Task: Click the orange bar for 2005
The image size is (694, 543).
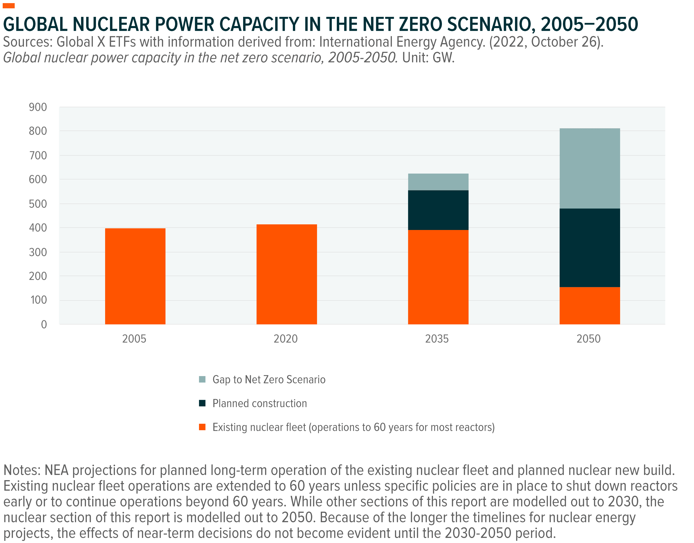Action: [135, 276]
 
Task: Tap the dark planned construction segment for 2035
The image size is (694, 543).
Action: [438, 210]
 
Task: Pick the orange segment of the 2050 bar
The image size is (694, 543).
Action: [590, 306]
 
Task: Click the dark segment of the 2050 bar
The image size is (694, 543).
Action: [590, 248]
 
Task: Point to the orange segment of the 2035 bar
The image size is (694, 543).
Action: [438, 277]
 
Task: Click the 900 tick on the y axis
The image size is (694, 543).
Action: [38, 107]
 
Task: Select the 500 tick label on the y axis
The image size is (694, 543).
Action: [38, 204]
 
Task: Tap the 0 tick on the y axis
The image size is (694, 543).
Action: [44, 324]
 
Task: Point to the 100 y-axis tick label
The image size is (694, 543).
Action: [39, 300]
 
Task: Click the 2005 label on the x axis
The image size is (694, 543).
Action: [134, 339]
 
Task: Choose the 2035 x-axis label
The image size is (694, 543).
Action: [437, 339]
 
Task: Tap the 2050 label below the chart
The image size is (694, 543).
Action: [588, 339]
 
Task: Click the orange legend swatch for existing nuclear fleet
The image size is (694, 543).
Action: [202, 427]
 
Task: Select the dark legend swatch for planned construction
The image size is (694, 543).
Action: [202, 403]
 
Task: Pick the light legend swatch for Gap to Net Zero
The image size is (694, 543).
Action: [202, 379]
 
